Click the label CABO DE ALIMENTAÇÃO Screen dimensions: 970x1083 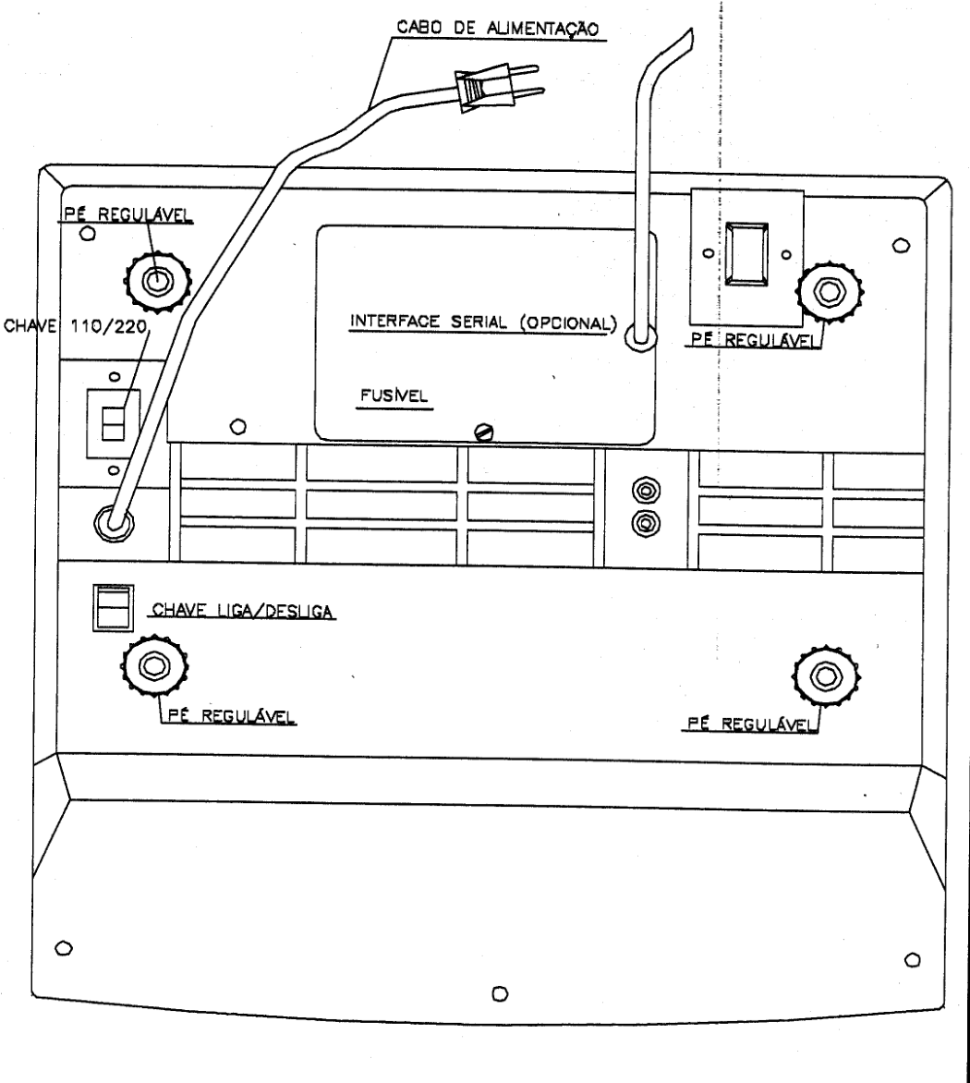click(498, 29)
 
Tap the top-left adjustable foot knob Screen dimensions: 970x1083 click(157, 281)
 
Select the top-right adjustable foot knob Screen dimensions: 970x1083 click(830, 291)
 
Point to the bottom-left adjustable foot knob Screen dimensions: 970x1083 click(154, 666)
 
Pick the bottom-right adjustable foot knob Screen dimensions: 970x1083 click(826, 675)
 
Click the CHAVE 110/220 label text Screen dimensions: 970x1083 click(76, 325)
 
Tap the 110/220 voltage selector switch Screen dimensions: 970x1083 click(113, 423)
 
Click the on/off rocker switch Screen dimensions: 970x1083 click(114, 608)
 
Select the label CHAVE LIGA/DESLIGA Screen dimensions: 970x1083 click(242, 611)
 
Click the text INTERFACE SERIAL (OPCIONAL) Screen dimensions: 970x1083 click(483, 322)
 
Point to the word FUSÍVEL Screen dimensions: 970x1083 click(394, 395)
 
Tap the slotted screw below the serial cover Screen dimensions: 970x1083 click(484, 432)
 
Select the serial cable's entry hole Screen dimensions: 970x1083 click(640, 337)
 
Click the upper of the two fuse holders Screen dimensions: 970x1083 click(646, 491)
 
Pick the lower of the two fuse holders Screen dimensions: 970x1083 click(646, 523)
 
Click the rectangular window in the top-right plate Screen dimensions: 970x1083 click(747, 254)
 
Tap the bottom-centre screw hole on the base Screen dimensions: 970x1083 click(500, 994)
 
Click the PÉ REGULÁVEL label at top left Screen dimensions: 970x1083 click(127, 214)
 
